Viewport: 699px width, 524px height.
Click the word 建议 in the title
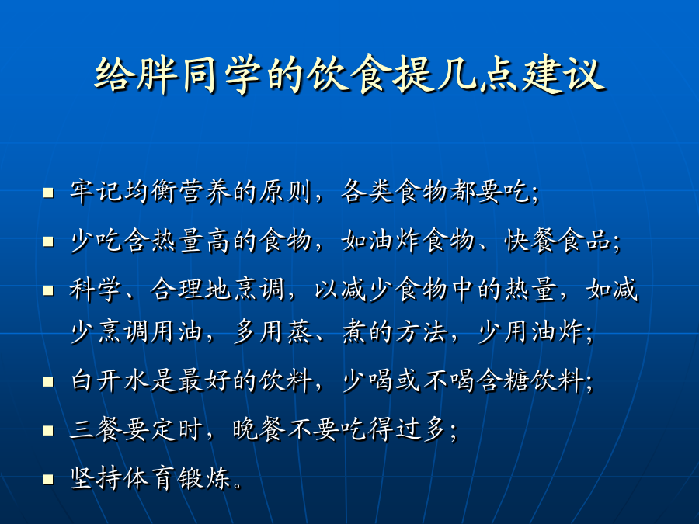564,74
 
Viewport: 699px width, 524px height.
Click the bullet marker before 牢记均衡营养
48,193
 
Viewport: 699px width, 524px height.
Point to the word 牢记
96,192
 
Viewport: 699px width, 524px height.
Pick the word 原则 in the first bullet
285,192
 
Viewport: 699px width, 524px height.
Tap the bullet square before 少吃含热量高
48,241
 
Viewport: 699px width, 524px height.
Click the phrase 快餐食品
557,240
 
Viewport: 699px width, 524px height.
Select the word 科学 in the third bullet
96,289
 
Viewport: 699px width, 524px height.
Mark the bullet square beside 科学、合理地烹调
48,290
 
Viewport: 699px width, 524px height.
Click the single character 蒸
300,332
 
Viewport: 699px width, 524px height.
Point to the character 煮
354,332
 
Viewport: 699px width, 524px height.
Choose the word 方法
422,332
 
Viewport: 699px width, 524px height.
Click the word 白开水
110,380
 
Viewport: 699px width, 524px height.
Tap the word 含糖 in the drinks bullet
504,380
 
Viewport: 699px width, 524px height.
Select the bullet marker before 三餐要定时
48,430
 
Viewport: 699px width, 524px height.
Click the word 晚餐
259,429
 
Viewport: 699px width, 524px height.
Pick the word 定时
176,429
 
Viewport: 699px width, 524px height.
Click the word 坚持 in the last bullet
96,478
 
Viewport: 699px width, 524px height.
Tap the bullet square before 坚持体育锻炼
48,480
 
